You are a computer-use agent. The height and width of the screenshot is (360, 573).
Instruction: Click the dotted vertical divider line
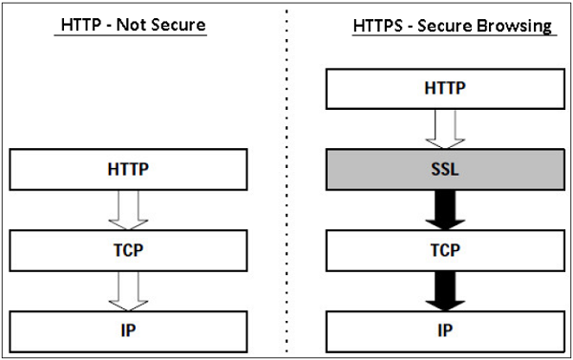pos(288,181)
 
